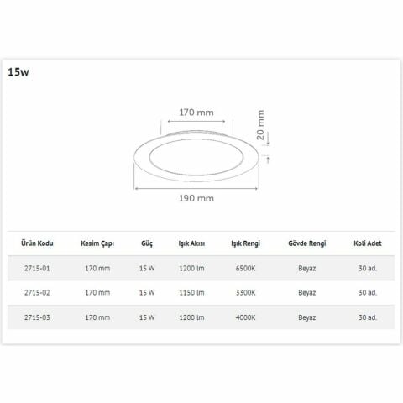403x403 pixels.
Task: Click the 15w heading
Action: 18,72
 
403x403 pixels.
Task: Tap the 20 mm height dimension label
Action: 261,126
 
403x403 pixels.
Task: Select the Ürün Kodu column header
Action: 38,243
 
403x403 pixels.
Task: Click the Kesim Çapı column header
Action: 97,243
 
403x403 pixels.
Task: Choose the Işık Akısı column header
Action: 193,243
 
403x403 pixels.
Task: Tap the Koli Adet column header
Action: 368,243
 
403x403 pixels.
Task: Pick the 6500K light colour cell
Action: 245,269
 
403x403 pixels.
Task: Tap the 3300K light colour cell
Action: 245,292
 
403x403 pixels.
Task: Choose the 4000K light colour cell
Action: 245,317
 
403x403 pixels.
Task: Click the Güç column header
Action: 146,243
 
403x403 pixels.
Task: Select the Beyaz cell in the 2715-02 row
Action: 306,292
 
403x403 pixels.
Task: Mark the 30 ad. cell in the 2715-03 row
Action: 368,317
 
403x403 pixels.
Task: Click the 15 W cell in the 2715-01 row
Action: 147,269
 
